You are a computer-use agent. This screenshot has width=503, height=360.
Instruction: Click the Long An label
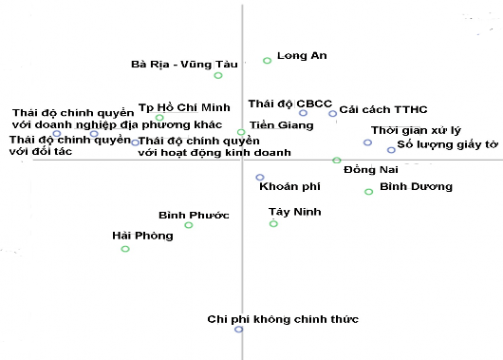(302, 55)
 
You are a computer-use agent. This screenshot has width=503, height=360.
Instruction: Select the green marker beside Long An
(267, 60)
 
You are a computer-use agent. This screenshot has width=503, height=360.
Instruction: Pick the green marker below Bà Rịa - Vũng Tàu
(218, 75)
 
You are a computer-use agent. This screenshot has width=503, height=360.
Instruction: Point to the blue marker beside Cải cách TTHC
(333, 114)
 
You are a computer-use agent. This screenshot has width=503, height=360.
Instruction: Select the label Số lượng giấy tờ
(447, 144)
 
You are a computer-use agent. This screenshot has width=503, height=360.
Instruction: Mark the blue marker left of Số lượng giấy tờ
(391, 150)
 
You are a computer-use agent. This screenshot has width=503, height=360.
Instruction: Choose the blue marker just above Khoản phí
(260, 178)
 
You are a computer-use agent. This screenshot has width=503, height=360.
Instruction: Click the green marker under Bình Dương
(369, 192)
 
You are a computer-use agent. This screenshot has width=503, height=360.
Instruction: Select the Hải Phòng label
(142, 236)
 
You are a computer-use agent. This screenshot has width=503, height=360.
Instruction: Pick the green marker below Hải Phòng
(125, 249)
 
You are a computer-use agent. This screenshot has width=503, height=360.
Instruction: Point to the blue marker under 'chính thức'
(239, 329)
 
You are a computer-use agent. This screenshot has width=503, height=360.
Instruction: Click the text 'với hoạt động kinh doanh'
(199, 152)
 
